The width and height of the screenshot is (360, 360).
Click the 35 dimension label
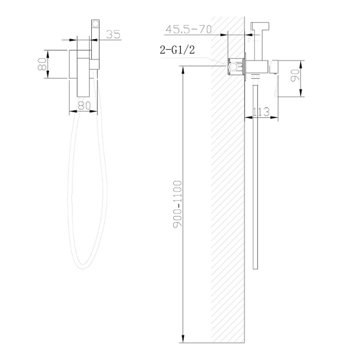tap(113, 34)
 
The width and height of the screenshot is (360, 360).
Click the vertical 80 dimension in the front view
tap(44, 64)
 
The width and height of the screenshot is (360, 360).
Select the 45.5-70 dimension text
tap(188, 29)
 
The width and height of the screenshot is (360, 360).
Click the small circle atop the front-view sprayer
tap(95, 23)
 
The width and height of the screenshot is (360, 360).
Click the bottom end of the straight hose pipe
tap(254, 269)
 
